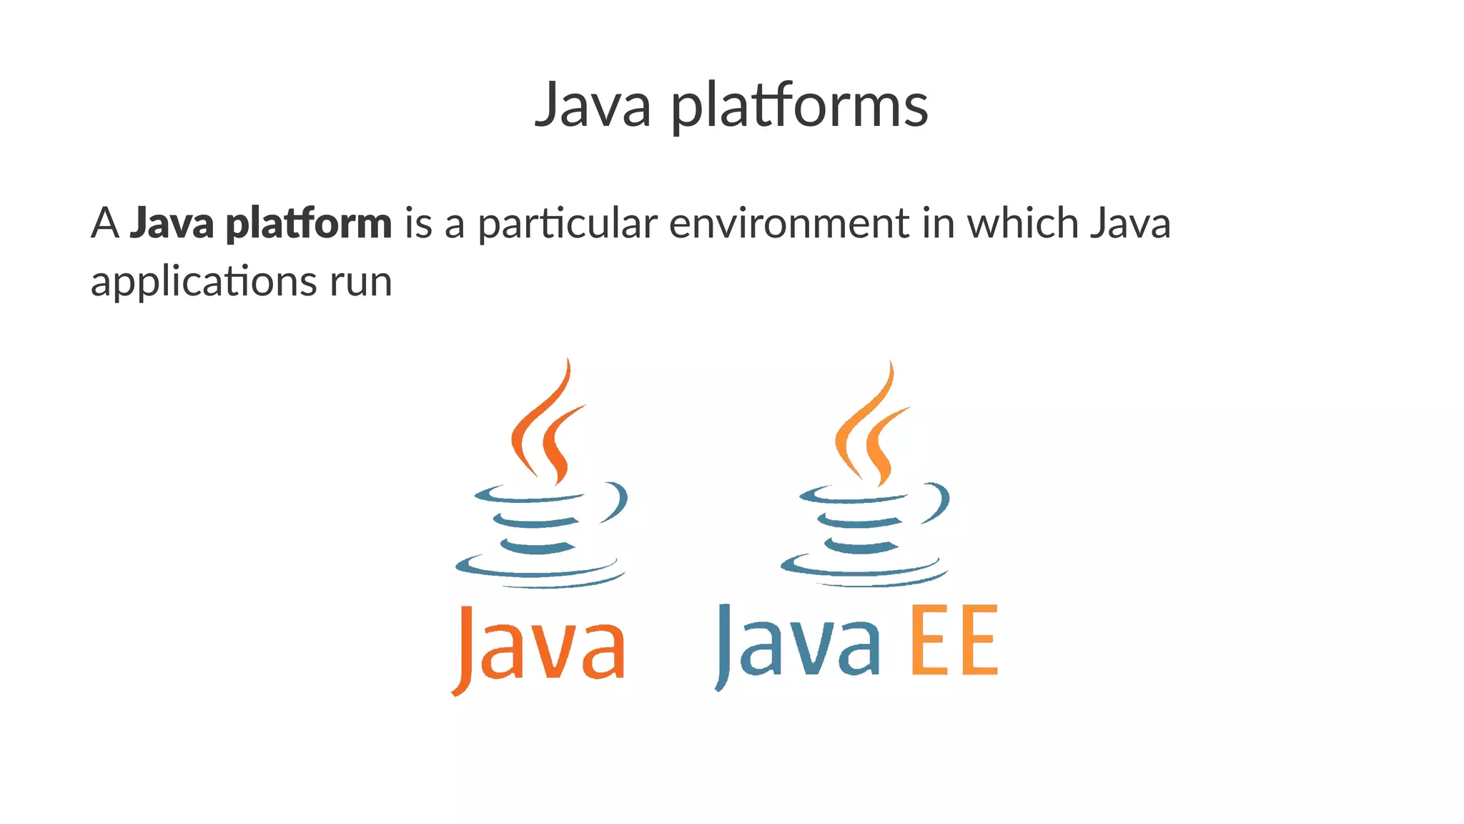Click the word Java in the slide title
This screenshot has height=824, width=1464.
point(593,106)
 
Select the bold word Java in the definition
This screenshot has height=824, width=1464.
point(172,222)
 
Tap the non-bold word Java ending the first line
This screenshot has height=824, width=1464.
point(1130,222)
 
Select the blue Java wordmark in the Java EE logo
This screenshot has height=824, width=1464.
point(797,644)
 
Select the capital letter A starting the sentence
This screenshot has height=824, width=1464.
point(104,222)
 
